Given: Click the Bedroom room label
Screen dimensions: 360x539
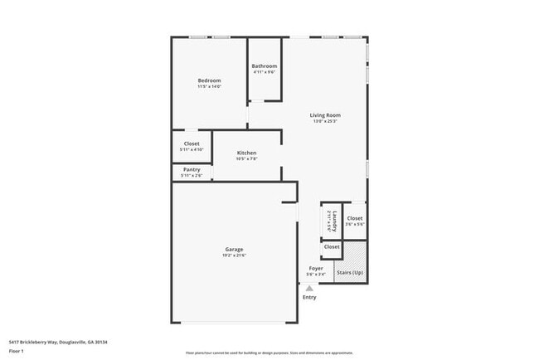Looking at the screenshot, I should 209,80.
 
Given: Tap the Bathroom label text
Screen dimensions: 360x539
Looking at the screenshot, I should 265,66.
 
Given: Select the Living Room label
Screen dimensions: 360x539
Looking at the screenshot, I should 325,115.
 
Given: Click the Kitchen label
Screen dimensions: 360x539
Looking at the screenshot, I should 246,153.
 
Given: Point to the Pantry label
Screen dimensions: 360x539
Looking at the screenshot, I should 192,169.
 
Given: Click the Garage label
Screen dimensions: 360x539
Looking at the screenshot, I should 234,249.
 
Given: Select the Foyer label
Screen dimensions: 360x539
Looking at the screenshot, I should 316,268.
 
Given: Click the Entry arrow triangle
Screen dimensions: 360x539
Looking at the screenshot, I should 309,287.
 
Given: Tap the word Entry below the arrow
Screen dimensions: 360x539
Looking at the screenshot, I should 309,297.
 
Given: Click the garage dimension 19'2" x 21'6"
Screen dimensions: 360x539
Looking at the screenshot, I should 234,255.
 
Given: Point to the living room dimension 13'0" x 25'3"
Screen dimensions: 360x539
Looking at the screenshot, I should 325,122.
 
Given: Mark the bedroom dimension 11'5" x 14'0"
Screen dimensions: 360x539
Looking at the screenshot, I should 209,87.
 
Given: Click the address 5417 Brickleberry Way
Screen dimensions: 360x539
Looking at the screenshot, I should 58,342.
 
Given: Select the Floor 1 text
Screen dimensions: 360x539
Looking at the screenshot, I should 16,351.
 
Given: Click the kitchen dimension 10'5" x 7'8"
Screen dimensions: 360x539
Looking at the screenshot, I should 246,159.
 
